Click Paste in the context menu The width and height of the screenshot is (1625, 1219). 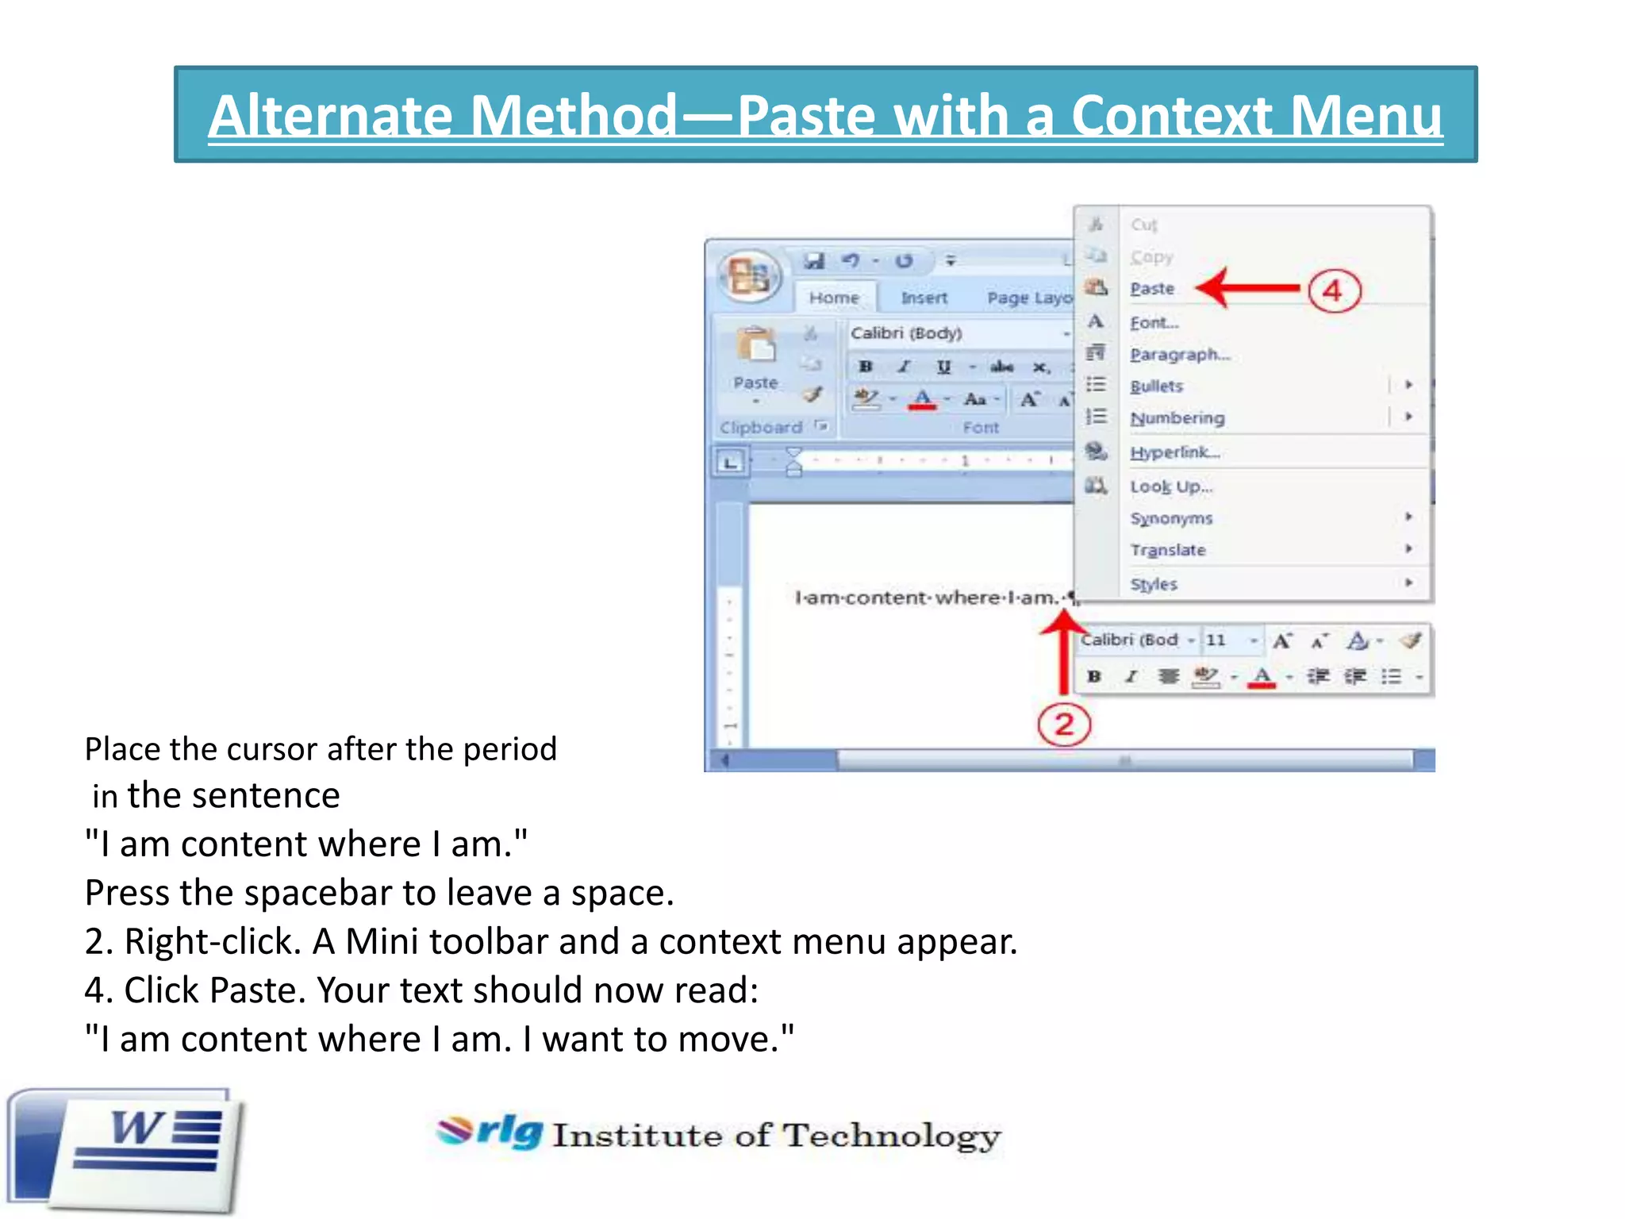1152,289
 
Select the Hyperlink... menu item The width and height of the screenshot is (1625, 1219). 1175,452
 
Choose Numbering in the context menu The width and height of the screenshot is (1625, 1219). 1177,418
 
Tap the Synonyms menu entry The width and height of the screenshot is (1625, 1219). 1171,518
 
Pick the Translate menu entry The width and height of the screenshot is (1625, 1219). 1168,550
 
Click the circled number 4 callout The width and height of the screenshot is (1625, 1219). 1334,290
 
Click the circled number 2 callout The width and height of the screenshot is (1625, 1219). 1064,724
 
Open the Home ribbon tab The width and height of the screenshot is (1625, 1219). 834,298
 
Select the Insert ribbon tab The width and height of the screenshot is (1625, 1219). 924,298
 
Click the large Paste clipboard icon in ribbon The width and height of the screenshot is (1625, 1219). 755,349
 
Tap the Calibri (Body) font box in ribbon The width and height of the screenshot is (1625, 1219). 952,333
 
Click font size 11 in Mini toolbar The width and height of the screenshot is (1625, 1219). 1216,640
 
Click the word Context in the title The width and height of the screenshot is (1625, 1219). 1171,116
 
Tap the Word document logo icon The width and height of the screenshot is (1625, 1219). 127,1151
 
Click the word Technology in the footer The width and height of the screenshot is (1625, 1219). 892,1136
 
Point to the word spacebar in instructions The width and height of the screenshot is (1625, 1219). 317,893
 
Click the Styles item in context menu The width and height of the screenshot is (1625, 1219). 1154,584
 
